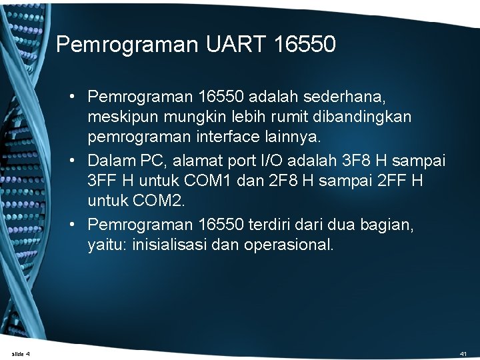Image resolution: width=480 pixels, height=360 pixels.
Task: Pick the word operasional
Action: coord(289,244)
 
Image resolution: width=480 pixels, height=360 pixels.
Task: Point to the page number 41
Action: coord(463,353)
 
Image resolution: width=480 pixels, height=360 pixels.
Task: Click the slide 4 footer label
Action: coord(21,353)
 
